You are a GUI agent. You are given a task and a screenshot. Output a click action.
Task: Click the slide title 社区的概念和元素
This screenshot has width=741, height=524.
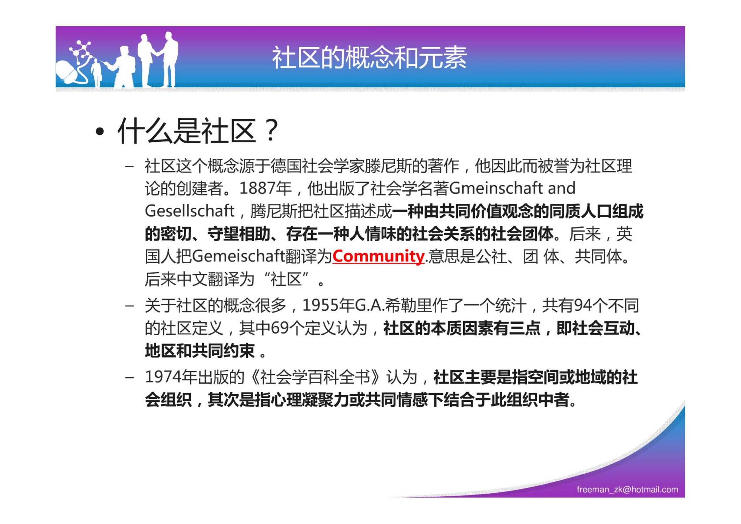[369, 58]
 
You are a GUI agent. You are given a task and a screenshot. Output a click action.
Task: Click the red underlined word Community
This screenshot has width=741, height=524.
[378, 256]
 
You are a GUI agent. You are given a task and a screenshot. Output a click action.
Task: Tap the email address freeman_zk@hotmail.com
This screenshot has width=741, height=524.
[627, 489]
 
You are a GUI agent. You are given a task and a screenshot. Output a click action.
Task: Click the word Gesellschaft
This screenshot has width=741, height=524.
[190, 211]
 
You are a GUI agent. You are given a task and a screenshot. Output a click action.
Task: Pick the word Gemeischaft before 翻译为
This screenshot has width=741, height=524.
[238, 256]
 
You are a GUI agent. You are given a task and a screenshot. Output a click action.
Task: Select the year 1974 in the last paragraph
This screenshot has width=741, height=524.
[163, 377]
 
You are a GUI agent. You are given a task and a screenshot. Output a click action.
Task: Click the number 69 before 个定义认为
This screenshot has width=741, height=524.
[279, 328]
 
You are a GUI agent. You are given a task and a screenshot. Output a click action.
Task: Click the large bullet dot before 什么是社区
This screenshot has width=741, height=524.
[100, 132]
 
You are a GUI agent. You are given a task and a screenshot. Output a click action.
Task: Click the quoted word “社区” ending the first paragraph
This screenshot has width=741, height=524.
[286, 279]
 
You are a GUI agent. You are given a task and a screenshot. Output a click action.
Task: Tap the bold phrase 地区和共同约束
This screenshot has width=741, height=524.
[200, 351]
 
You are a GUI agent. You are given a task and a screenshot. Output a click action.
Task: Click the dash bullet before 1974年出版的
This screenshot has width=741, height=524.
[129, 377]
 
